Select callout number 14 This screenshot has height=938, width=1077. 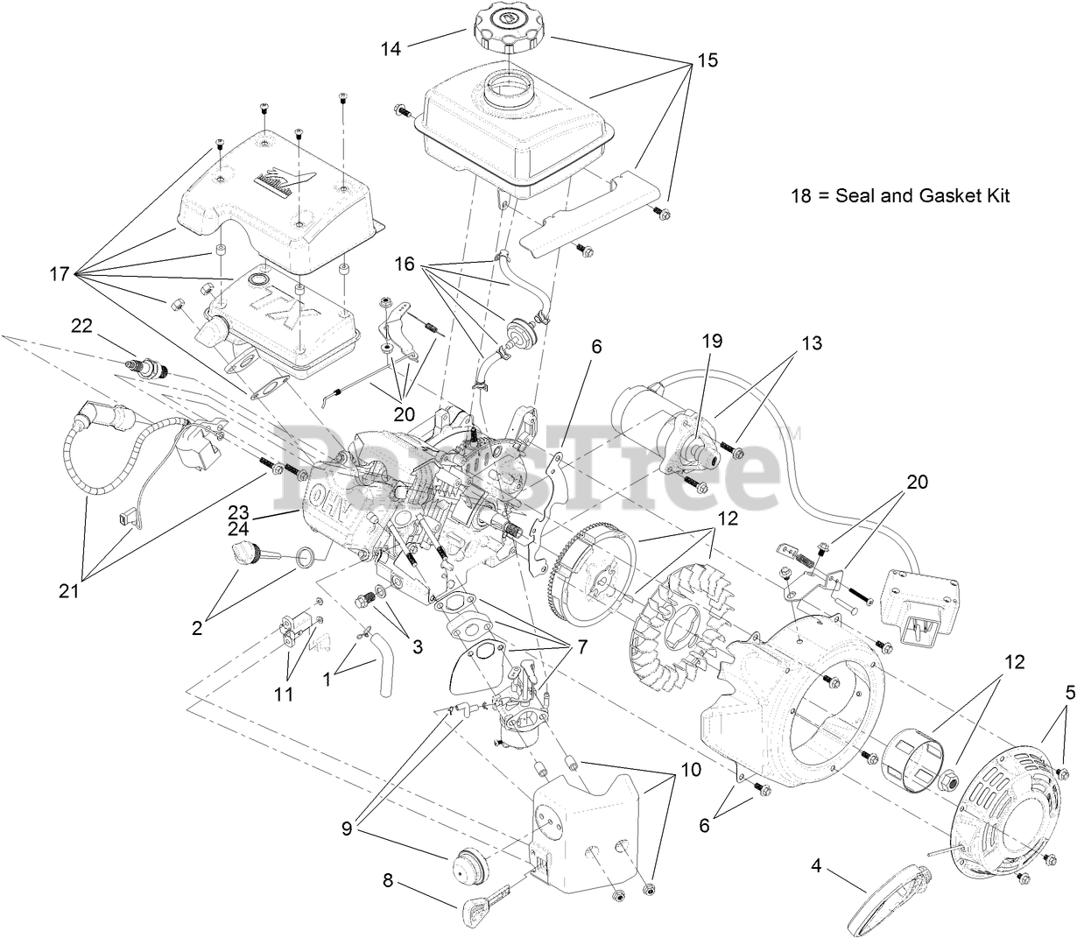[391, 49]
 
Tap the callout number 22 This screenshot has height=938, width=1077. [81, 325]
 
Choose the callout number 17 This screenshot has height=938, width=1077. [59, 274]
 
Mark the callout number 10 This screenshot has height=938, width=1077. [690, 770]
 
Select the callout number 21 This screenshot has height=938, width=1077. [68, 591]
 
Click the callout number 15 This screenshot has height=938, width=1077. [707, 60]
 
